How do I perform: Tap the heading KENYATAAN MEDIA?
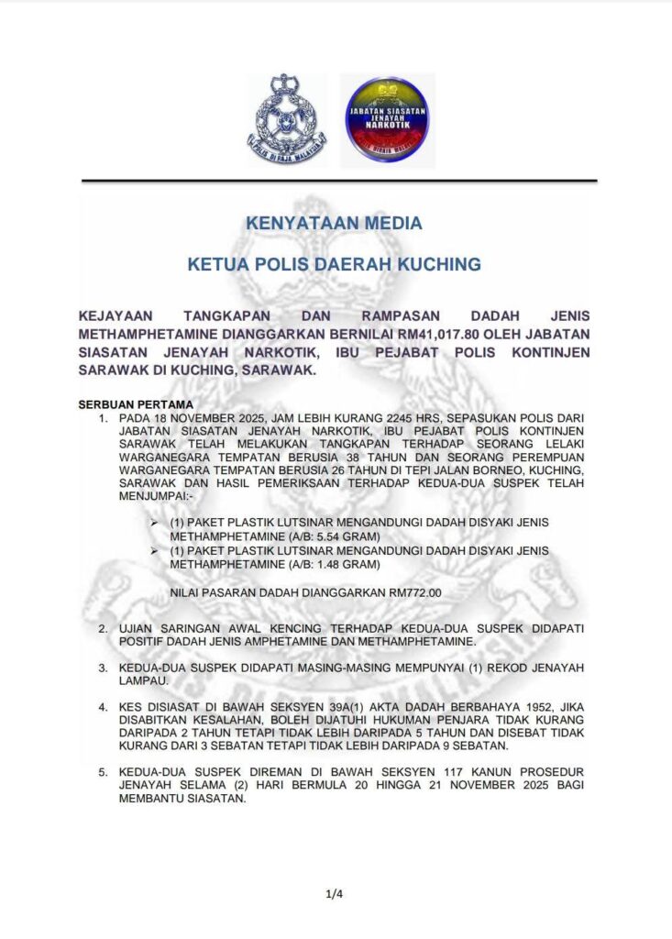(334, 223)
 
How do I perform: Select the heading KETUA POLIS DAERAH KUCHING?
(334, 265)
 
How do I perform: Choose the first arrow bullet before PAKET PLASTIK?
(155, 522)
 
